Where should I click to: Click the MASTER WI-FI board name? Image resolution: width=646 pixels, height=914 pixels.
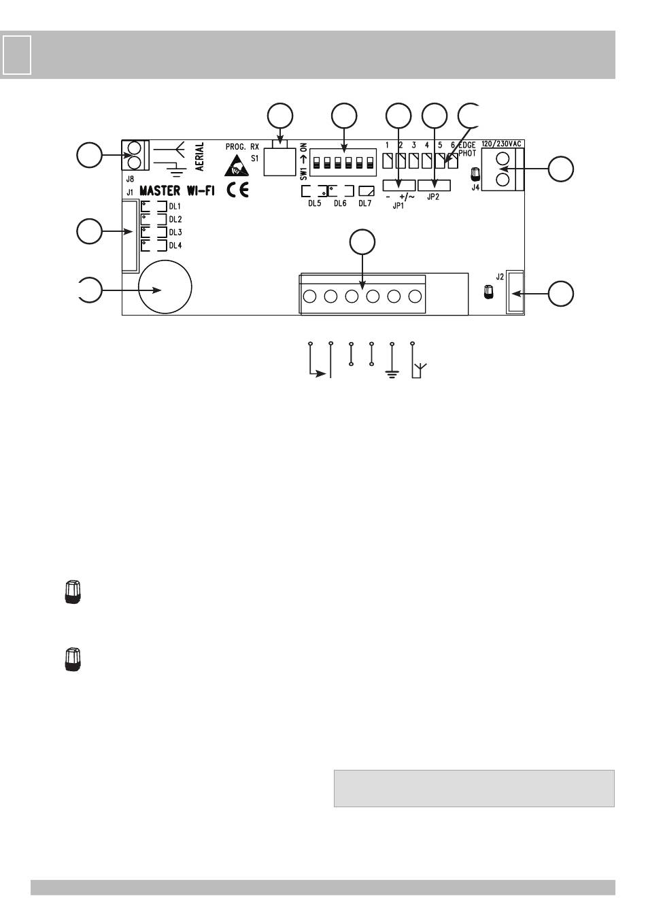[x=177, y=191]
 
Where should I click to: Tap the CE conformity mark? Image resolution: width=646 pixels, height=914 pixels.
[x=237, y=190]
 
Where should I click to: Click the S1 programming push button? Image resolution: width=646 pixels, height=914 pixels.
[x=280, y=162]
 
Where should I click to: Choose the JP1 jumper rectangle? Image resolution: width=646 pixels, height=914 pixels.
[x=398, y=184]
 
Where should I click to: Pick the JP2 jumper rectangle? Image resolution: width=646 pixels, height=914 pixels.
[x=434, y=184]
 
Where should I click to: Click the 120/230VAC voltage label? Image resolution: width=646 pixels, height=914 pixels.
[x=502, y=145]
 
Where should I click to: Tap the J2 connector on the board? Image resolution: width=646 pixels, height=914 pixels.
[x=515, y=292]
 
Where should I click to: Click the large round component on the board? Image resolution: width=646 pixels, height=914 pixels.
[x=165, y=288]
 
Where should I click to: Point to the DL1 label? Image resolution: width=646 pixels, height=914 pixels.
[x=175, y=206]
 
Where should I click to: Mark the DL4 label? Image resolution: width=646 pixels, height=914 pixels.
[x=175, y=246]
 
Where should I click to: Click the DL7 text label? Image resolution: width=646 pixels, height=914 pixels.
[x=365, y=204]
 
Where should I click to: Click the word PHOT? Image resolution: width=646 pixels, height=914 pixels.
[x=467, y=154]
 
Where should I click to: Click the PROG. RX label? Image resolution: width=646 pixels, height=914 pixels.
[x=242, y=146]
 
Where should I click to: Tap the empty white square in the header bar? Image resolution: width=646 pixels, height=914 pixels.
[x=17, y=54]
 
